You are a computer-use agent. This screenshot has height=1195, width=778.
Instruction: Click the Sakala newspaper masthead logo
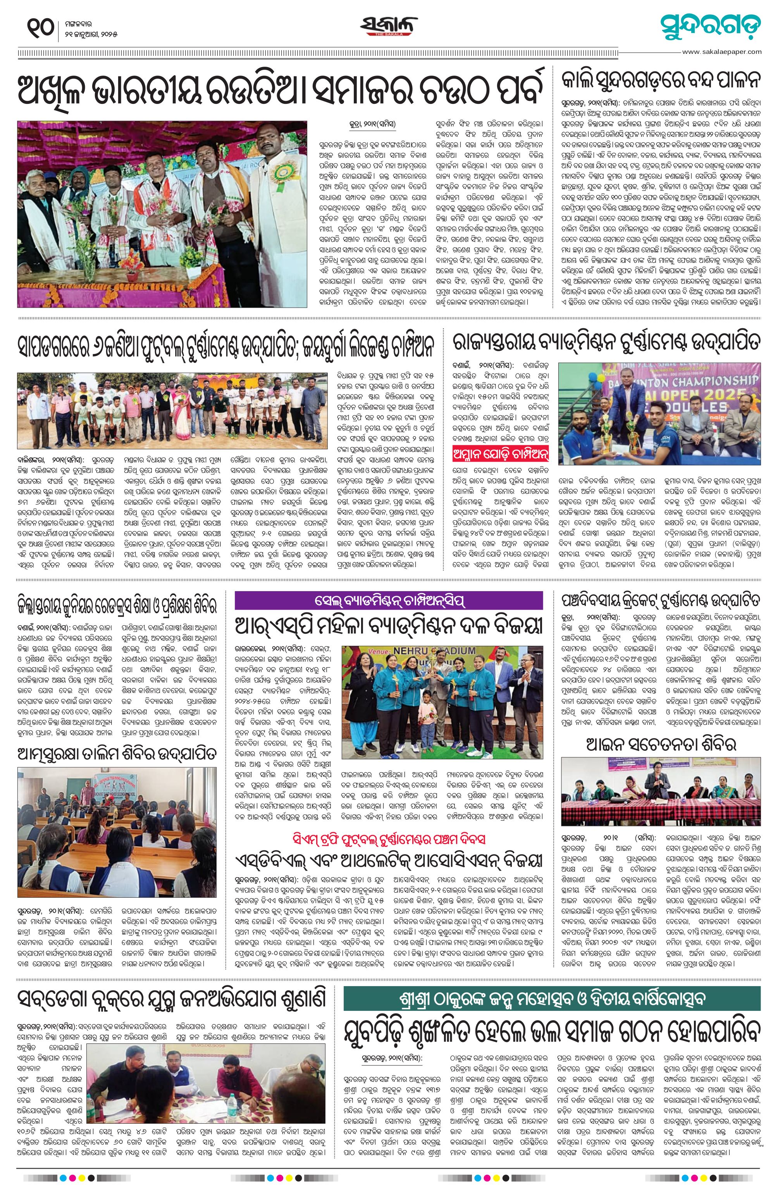pos(389,26)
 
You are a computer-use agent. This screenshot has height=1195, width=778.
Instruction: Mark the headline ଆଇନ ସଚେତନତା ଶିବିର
pos(661,744)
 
